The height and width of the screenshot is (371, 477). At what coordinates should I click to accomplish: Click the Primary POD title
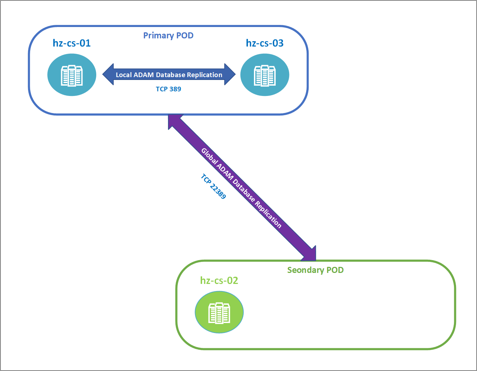coord(168,36)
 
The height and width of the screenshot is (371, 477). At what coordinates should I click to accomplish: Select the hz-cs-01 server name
coord(72,43)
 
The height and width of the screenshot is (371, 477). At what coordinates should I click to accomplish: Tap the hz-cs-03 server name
coord(265,43)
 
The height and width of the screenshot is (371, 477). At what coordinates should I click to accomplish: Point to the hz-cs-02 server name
coord(219,281)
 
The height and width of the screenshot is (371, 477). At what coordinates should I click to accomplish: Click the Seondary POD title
coord(315,270)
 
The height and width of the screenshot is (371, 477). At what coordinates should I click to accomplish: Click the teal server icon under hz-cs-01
coord(72,75)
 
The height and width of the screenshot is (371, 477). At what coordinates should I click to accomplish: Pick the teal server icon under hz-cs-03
coord(265,75)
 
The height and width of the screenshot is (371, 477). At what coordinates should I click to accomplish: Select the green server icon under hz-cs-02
coord(219,312)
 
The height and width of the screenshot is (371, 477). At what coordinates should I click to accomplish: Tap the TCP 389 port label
coord(168,89)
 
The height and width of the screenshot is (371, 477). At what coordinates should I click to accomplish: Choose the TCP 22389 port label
coord(213,186)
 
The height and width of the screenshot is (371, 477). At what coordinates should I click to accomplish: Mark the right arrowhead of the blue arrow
coord(230,75)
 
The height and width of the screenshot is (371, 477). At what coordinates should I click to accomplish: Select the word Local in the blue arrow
coord(124,75)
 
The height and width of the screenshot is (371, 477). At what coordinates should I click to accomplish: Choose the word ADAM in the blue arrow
coord(144,75)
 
